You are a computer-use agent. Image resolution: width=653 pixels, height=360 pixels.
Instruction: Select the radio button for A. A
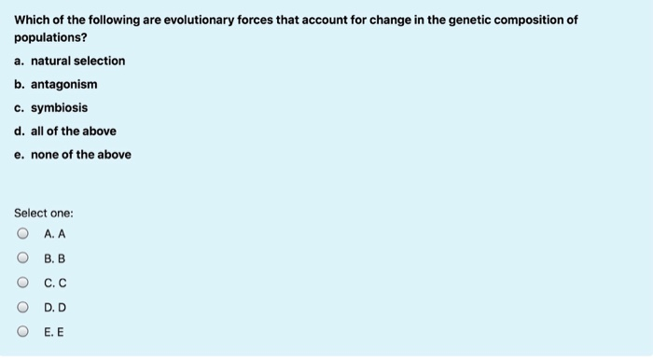pyautogui.click(x=21, y=233)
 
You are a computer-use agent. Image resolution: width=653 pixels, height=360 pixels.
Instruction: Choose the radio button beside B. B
pyautogui.click(x=21, y=257)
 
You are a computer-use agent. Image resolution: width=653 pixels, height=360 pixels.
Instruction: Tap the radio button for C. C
pyautogui.click(x=21, y=282)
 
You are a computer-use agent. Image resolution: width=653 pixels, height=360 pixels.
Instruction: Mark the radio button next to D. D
pyautogui.click(x=21, y=306)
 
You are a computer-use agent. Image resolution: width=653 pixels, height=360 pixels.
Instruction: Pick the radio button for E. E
pyautogui.click(x=21, y=330)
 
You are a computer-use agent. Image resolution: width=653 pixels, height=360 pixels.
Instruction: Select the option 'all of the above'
pyautogui.click(x=74, y=132)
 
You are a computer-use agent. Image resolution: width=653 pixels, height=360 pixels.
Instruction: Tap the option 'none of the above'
pyautogui.click(x=81, y=155)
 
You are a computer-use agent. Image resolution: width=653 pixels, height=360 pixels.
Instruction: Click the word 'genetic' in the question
pyautogui.click(x=446, y=20)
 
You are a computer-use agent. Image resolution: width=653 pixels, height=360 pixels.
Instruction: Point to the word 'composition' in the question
pyautogui.click(x=517, y=20)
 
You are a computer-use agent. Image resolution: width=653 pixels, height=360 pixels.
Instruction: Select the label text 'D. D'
pyautogui.click(x=54, y=306)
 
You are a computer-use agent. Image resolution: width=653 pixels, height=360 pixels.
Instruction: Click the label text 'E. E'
pyautogui.click(x=54, y=330)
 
